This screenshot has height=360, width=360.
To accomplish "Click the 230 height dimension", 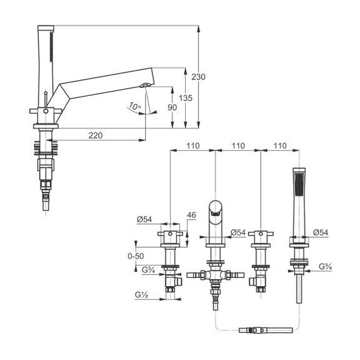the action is pyautogui.click(x=198, y=77).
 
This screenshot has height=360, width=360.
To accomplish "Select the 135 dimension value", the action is pyautogui.click(x=186, y=98).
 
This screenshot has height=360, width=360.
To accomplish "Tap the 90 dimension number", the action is pyautogui.click(x=172, y=107).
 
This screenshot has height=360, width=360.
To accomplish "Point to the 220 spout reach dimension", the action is pyautogui.click(x=95, y=135).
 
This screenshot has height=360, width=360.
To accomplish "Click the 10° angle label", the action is pyautogui.click(x=135, y=106).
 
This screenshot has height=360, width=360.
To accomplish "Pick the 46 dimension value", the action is pyautogui.click(x=191, y=215).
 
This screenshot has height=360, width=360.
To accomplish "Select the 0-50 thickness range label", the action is pyautogui.click(x=136, y=256).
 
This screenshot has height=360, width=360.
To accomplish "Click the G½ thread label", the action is pyautogui.click(x=141, y=294).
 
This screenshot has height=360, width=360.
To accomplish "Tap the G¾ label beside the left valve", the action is pyautogui.click(x=148, y=270).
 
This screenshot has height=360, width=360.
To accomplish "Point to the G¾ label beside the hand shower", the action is pyautogui.click(x=325, y=267).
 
